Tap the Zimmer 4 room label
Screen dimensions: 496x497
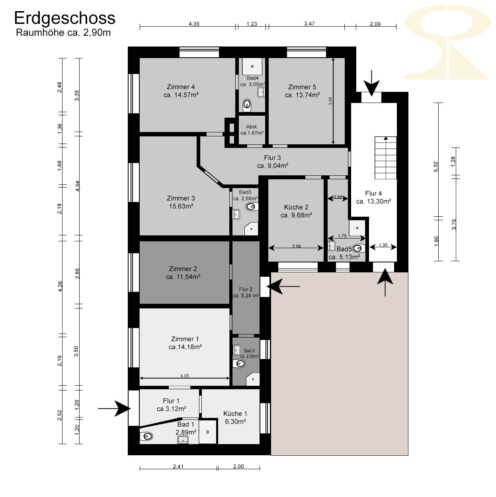[x=181, y=87]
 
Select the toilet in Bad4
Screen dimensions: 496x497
[x=247, y=105]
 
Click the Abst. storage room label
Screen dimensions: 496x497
[x=252, y=127]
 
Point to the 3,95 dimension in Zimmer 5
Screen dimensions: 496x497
[x=330, y=101]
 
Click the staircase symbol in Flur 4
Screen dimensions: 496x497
[x=386, y=157]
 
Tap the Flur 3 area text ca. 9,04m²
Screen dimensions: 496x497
[x=273, y=165]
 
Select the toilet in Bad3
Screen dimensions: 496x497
[x=252, y=207]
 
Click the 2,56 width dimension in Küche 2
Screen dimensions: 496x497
[x=296, y=246]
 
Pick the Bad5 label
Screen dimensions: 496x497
[x=344, y=249]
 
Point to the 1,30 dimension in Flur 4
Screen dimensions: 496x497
[x=383, y=245]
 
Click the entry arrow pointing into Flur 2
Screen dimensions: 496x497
[x=283, y=286]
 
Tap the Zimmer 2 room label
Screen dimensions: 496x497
[x=183, y=269]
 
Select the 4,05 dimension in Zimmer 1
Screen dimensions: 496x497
[x=184, y=376]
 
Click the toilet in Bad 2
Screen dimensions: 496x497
[x=239, y=364]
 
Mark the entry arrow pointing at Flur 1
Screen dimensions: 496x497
[x=114, y=409]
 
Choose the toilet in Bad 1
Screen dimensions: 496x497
[x=146, y=437]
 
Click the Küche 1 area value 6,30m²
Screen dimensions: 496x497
[x=235, y=421]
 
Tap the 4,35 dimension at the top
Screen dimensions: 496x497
[x=194, y=24]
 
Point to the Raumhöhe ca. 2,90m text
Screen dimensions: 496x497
[x=63, y=33]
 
